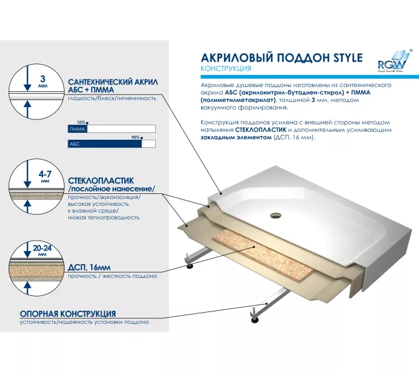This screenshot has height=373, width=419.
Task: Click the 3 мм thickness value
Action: [43, 81]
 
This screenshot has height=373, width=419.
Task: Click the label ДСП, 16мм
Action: [92, 265]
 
